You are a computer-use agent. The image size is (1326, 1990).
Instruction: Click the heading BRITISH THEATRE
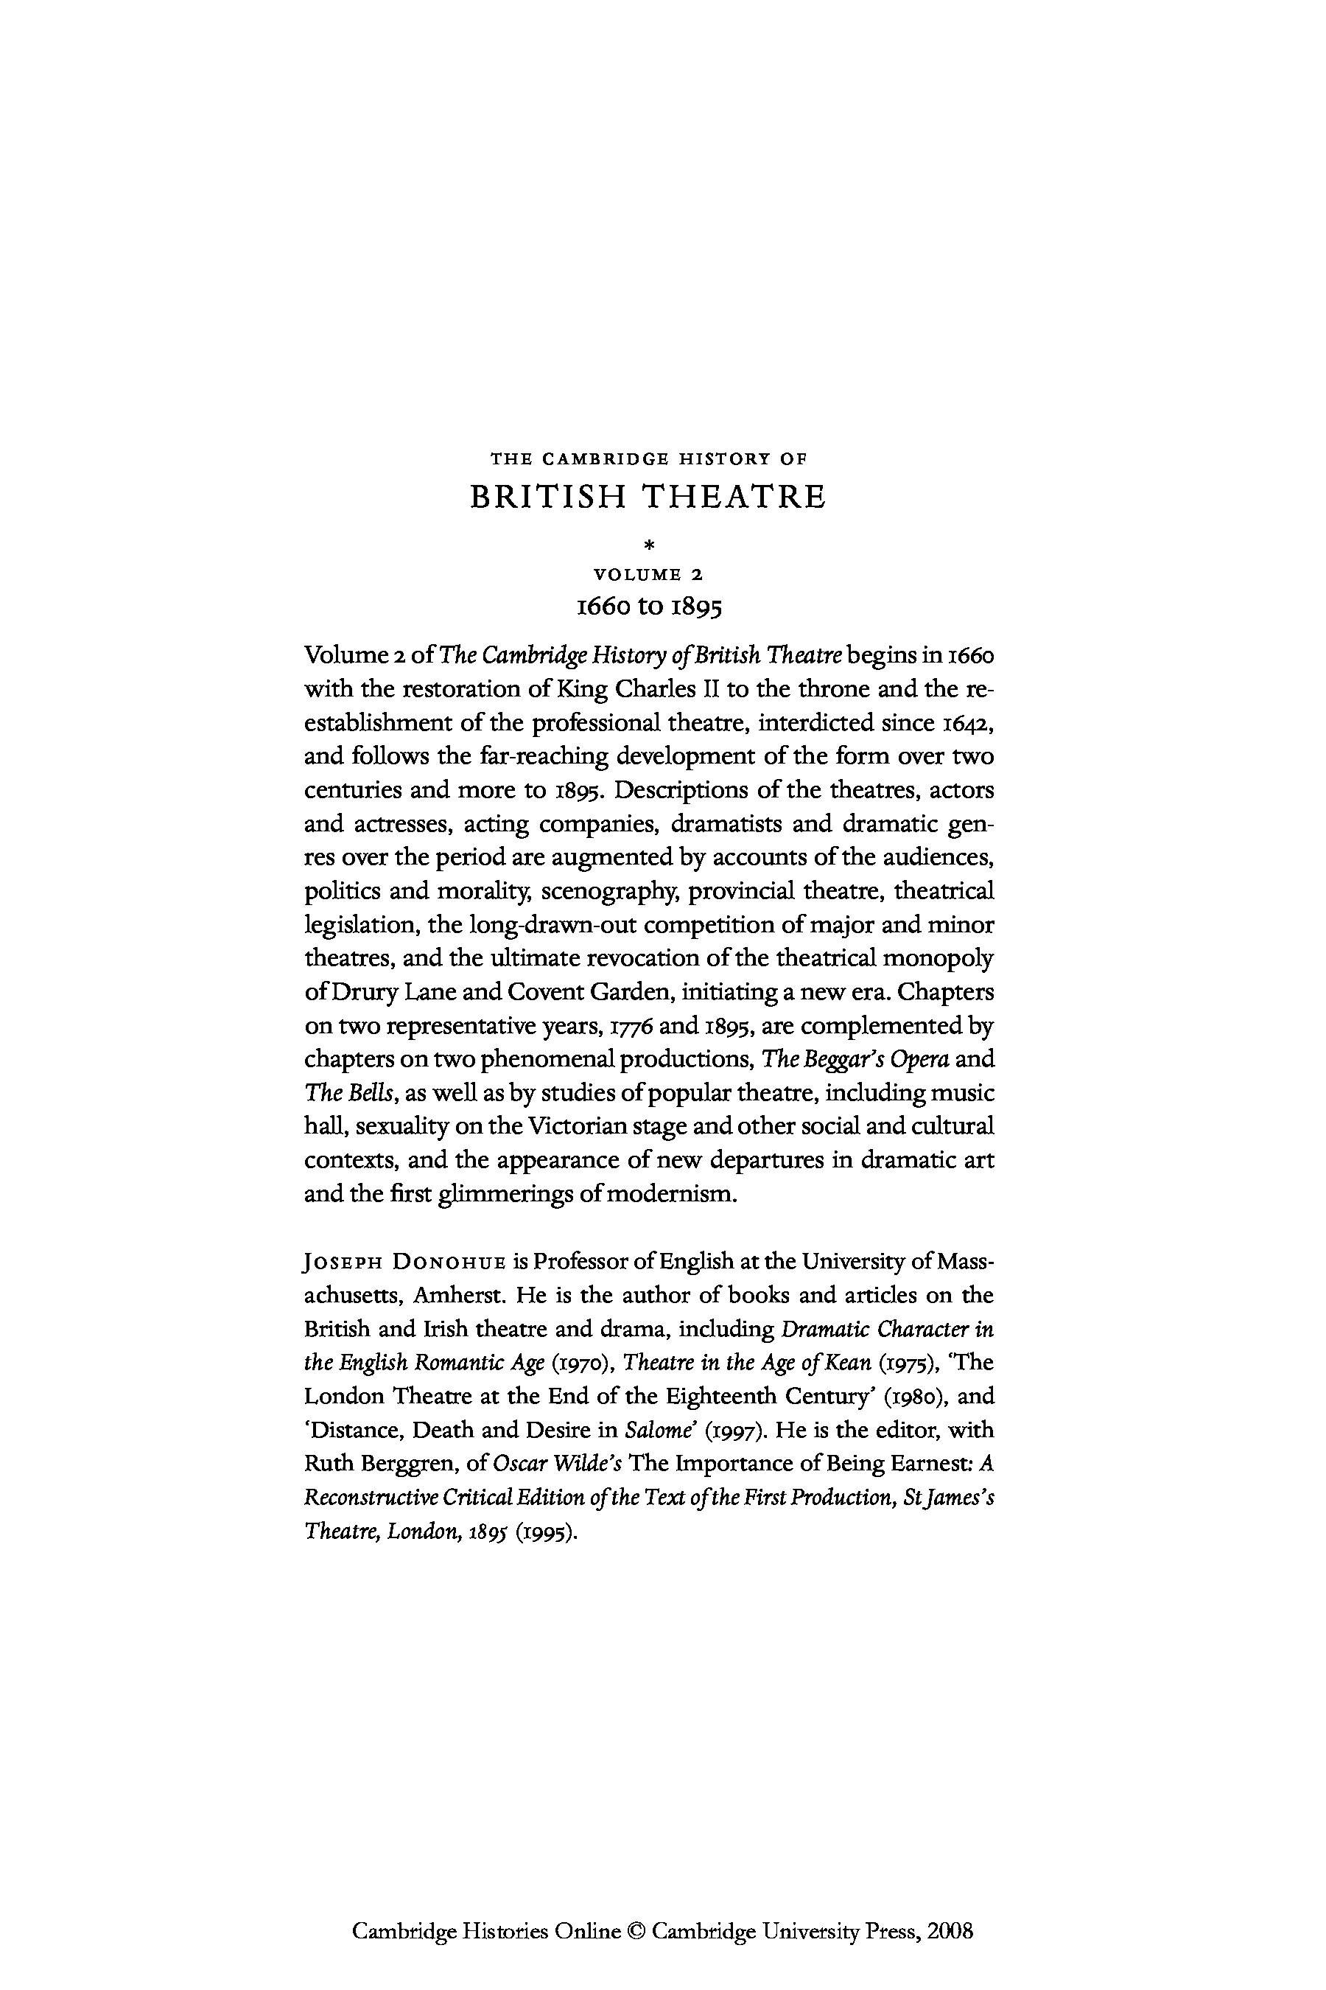pos(647,497)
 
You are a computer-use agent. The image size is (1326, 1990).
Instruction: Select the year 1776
pos(629,1025)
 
